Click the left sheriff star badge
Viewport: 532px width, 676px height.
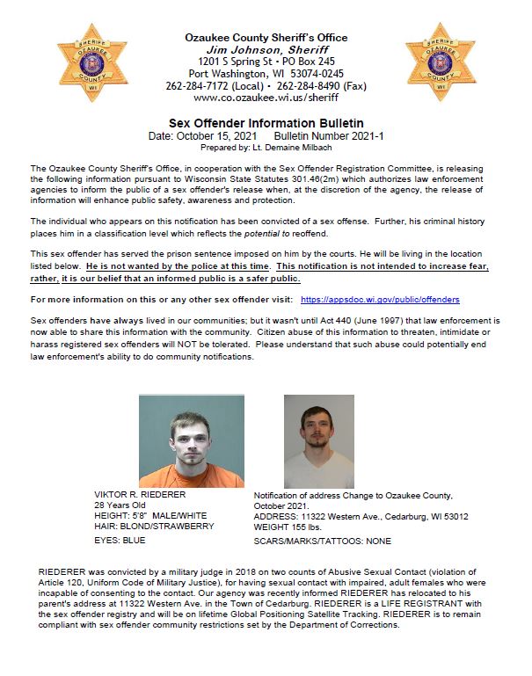[x=92, y=63]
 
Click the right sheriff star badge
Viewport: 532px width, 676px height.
[x=440, y=63]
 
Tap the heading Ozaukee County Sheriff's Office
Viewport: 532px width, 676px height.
[x=266, y=38]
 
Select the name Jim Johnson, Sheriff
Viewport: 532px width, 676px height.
[x=266, y=50]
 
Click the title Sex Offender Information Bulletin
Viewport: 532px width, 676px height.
[x=266, y=123]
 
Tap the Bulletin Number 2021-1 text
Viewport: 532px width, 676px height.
[x=329, y=136]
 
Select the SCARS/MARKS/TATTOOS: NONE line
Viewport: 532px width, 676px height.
[x=323, y=541]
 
